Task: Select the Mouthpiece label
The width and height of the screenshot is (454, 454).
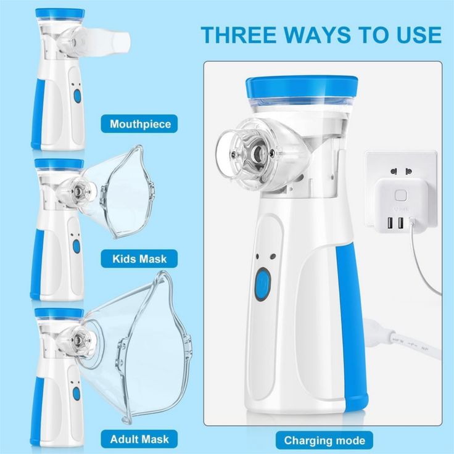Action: coord(140,124)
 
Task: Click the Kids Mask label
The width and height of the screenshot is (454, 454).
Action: coord(139,258)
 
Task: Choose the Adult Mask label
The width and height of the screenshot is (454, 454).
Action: coord(139,439)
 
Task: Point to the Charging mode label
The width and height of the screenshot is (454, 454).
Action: coord(324,440)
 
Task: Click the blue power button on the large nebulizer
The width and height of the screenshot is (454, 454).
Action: coord(263,284)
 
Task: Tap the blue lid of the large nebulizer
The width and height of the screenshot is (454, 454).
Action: coord(301,88)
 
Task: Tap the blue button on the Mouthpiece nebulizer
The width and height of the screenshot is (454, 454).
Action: coord(77,96)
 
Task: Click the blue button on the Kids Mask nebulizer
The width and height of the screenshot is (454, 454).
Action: coord(76,246)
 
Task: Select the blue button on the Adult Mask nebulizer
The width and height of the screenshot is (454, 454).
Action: coord(76,393)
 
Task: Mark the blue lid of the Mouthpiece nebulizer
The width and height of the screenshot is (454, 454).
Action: coord(59,13)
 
